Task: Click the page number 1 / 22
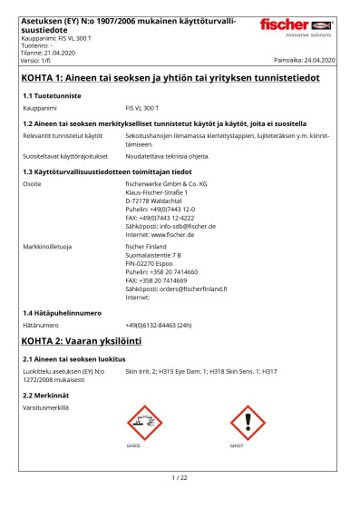pos(180,477)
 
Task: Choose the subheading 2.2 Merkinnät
pos(45,396)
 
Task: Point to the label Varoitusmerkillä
pos(45,407)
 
